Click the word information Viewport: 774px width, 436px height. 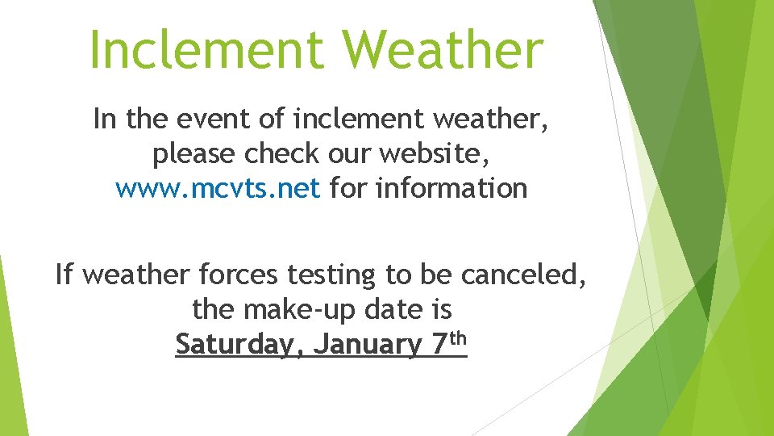click(x=451, y=189)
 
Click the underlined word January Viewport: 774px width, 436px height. click(x=367, y=345)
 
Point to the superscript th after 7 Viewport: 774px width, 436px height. click(x=457, y=338)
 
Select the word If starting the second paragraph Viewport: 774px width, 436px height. click(x=64, y=275)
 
